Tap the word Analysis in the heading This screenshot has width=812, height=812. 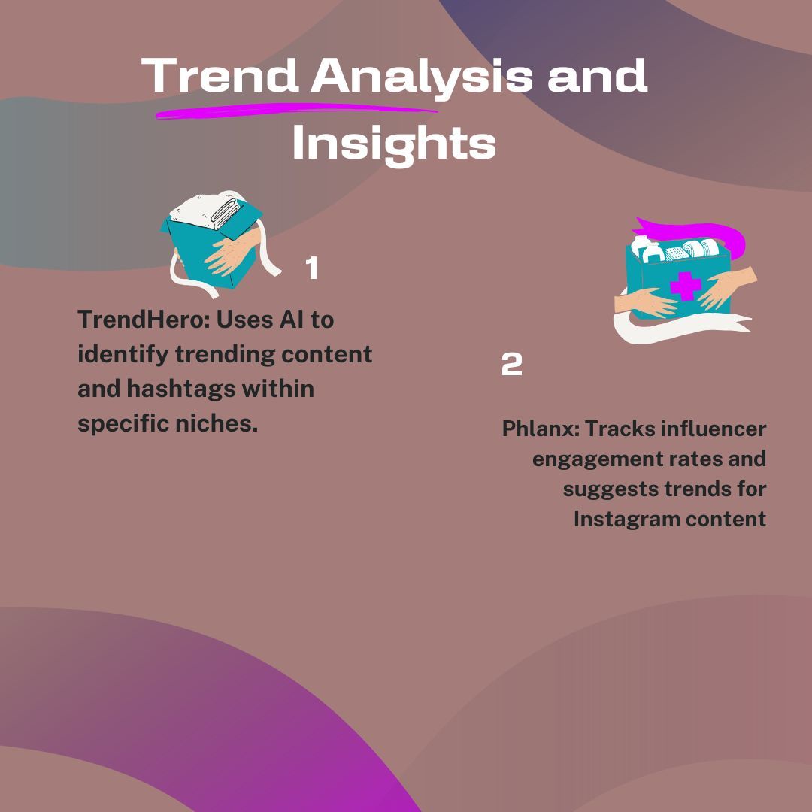click(x=423, y=75)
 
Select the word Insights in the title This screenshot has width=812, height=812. click(x=394, y=143)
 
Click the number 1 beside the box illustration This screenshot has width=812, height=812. click(x=312, y=268)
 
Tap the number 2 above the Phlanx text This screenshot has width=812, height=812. click(x=511, y=365)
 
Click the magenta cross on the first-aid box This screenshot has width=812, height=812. click(x=685, y=286)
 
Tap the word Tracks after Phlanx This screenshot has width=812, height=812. click(x=618, y=429)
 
